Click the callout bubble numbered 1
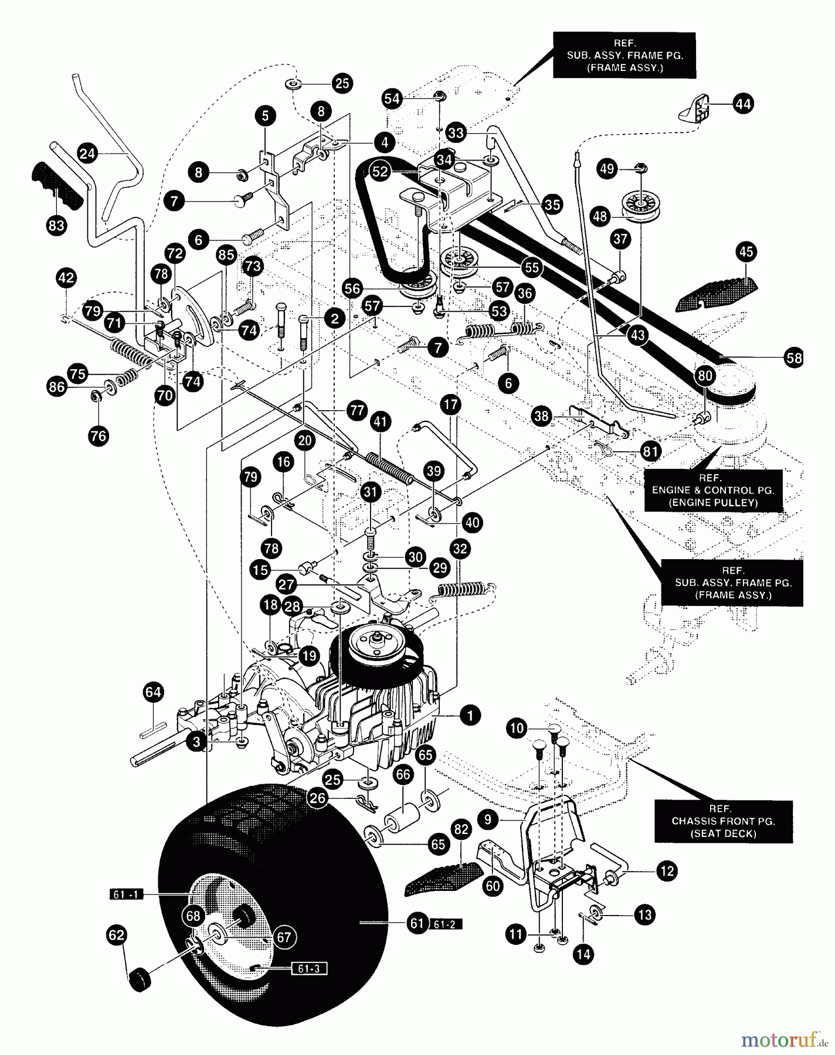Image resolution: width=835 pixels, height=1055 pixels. point(470,715)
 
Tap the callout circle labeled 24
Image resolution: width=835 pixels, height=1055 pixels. point(87,154)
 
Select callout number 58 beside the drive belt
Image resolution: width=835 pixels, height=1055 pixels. point(795,358)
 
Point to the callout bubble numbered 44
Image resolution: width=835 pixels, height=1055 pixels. point(743,104)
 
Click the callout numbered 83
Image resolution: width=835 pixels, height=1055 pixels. point(57,226)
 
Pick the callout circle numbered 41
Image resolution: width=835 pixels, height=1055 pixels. point(381,421)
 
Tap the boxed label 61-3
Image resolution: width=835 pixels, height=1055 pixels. point(308,968)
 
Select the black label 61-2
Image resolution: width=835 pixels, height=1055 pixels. point(446,924)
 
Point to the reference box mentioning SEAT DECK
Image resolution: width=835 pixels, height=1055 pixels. point(724,821)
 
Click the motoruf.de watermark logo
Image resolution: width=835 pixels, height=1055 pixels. point(784,1040)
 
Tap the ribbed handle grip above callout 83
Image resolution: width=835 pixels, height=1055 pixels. point(56,181)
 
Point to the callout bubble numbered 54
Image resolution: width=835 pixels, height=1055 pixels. point(392,98)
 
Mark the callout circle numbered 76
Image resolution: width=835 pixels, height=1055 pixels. point(99,436)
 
